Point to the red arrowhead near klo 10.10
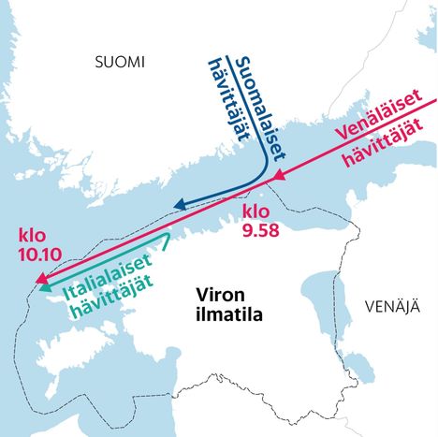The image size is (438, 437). (x=39, y=278)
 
